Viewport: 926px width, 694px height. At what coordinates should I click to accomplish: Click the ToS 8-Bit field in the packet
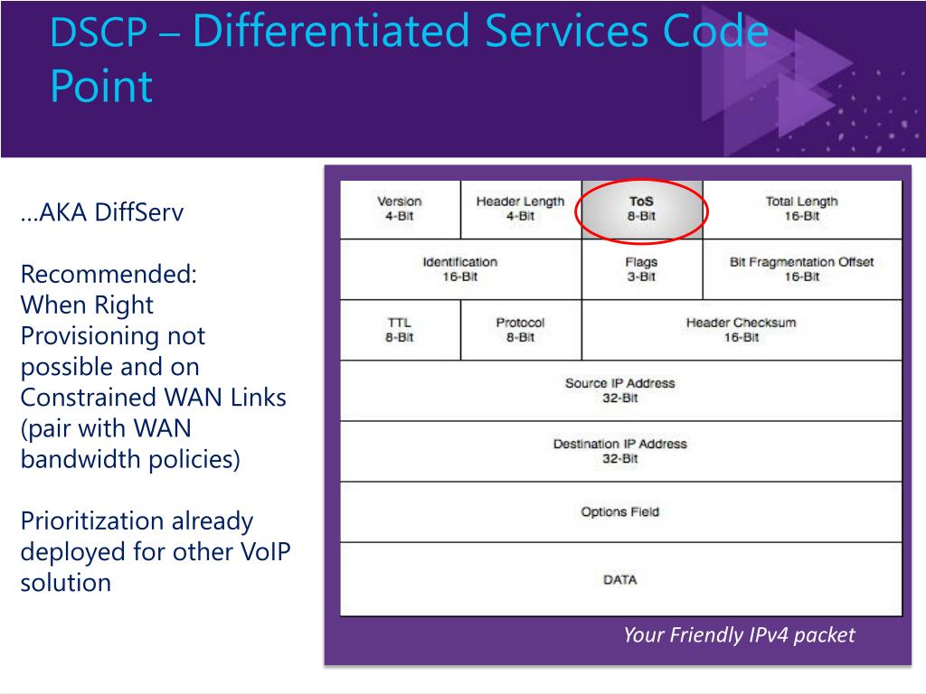[x=641, y=209]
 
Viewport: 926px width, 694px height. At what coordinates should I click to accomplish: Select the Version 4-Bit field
[x=399, y=209]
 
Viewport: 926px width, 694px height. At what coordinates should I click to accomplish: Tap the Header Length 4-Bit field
[x=520, y=209]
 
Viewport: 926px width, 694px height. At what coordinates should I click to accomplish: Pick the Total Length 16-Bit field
[x=801, y=209]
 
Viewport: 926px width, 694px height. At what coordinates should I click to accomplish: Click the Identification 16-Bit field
[x=459, y=269]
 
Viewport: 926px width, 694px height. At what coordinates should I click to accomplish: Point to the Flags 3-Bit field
[x=641, y=269]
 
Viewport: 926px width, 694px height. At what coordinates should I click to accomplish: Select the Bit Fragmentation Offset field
[x=801, y=269]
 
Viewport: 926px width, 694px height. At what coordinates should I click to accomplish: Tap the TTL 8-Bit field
[x=399, y=330]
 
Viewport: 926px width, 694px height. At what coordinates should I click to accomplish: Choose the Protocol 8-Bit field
[x=520, y=330]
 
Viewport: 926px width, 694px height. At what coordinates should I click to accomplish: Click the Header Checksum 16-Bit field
[x=741, y=330]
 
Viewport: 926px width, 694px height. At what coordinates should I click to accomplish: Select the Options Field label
[x=619, y=511]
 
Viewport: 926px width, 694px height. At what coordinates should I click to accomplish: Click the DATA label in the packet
[x=619, y=579]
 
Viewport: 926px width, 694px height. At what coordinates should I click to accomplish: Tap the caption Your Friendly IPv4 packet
[x=738, y=635]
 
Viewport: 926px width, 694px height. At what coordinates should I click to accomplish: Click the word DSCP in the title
[x=99, y=33]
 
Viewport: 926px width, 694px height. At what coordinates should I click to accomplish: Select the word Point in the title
[x=100, y=88]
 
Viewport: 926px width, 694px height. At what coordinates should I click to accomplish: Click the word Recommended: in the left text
[x=109, y=274]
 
